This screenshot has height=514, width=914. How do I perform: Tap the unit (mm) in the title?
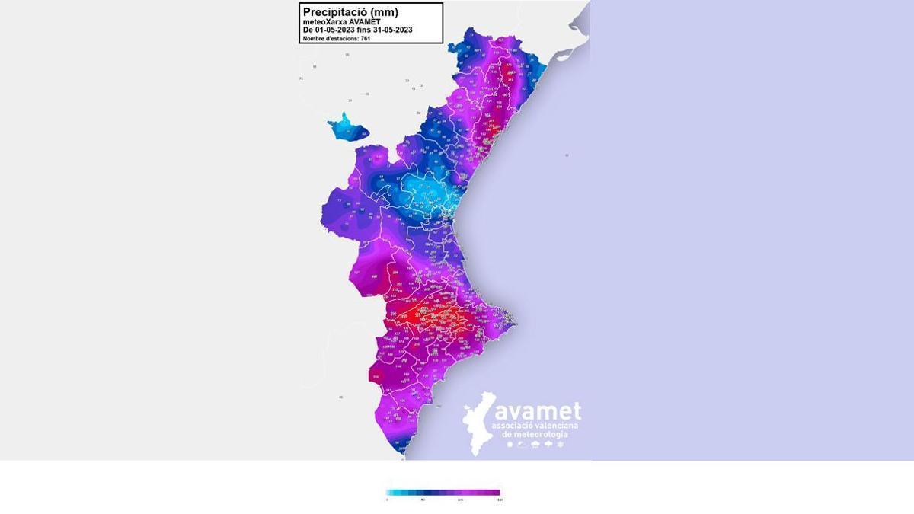[x=382, y=11]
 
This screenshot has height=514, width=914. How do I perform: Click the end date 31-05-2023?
[x=391, y=30]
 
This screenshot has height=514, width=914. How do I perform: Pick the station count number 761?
[x=366, y=38]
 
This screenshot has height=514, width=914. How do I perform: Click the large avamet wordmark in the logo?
[x=537, y=411]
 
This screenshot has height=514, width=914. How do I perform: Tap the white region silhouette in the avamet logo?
[x=478, y=423]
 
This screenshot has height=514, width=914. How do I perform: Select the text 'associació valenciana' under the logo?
[x=535, y=425]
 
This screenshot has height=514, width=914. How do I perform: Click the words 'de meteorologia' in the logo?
[x=535, y=433]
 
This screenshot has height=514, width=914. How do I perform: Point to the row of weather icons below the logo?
[x=535, y=443]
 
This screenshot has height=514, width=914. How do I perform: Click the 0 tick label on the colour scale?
[x=387, y=500]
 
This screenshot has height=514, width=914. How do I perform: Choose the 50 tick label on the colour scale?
[x=424, y=500]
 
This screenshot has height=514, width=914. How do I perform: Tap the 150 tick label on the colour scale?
[x=499, y=500]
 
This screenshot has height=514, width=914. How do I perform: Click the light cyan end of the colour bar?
[x=390, y=492]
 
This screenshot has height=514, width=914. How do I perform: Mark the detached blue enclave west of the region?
[x=347, y=127]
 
